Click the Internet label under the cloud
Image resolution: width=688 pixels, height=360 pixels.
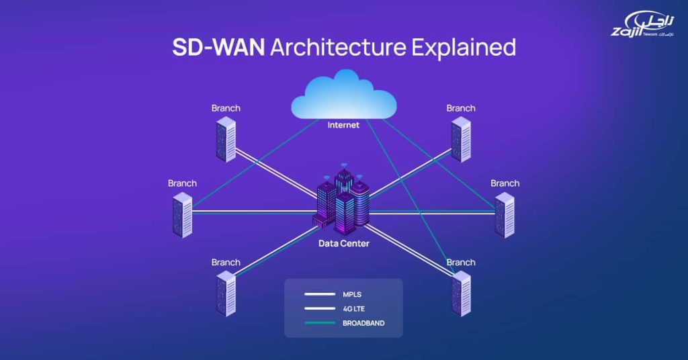(x=343, y=125)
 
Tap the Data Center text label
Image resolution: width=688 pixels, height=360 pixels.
(x=344, y=243)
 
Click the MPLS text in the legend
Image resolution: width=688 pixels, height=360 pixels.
(x=352, y=294)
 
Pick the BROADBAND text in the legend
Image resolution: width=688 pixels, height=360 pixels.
(x=363, y=323)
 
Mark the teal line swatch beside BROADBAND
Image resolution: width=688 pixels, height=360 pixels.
(x=319, y=323)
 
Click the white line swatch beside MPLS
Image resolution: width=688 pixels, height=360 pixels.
(x=319, y=294)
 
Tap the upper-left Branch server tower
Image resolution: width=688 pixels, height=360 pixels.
(x=226, y=139)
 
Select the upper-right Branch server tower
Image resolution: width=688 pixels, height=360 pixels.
(x=461, y=139)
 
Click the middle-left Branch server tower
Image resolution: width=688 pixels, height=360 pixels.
(x=182, y=215)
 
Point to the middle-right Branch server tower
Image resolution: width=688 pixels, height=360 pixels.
(x=505, y=215)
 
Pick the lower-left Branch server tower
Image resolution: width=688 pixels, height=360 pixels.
(x=226, y=294)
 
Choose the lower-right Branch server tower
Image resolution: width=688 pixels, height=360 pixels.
(x=461, y=294)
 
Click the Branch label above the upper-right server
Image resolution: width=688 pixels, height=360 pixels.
(x=461, y=108)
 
